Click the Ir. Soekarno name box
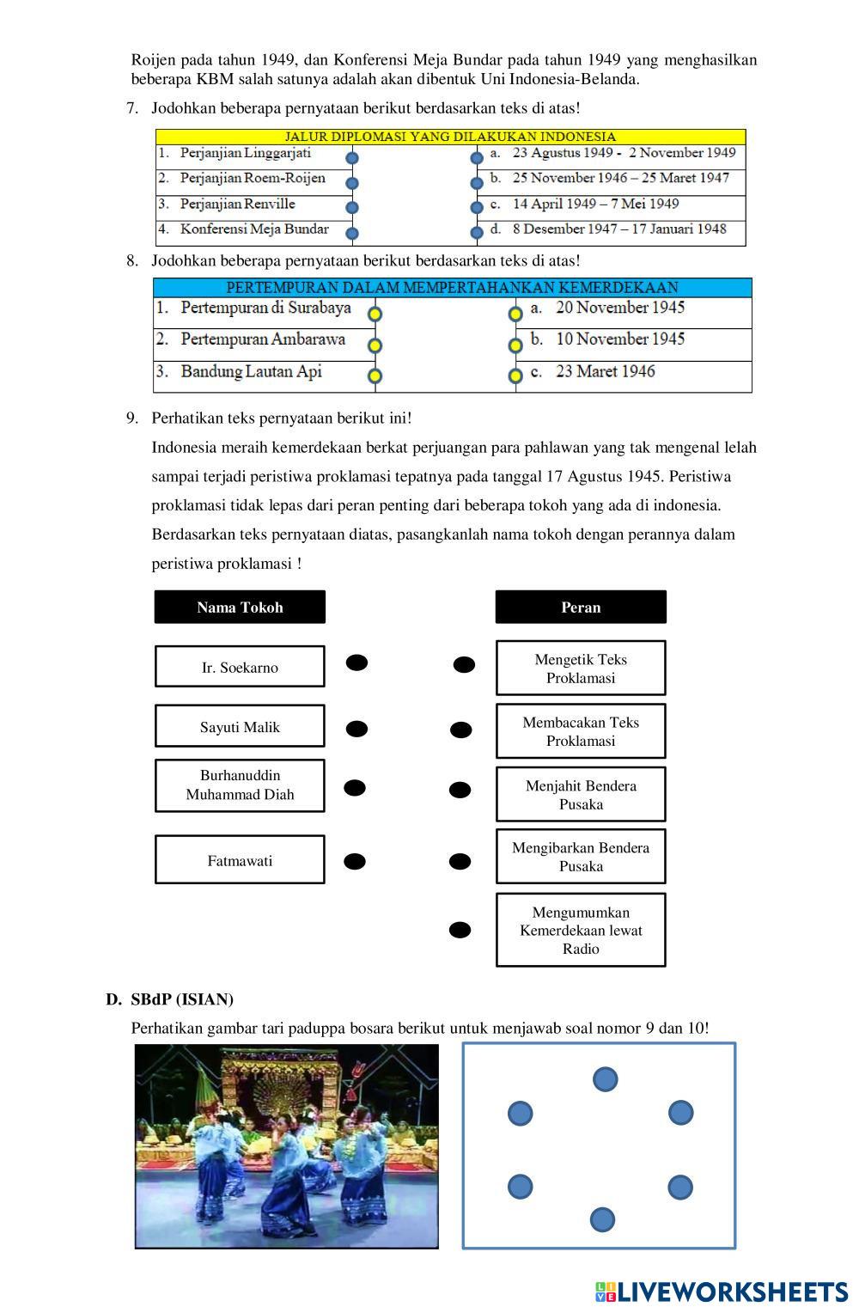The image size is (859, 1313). point(240,667)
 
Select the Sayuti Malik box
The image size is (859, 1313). point(240,726)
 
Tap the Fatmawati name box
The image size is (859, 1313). point(240,859)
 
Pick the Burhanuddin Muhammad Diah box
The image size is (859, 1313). point(240,785)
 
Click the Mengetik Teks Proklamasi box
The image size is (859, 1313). point(581,668)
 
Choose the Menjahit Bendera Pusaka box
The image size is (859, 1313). point(581,794)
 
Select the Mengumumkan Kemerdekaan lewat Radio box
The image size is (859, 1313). point(581,930)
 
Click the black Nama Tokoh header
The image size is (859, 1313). point(240,607)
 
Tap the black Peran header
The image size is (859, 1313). point(581,607)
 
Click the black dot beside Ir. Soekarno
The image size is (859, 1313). point(356,663)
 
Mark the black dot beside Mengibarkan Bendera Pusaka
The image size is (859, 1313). point(460,861)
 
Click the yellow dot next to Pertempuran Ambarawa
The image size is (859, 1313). point(375,345)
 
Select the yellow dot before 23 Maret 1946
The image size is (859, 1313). point(515,376)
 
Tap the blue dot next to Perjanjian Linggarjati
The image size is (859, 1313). point(352,158)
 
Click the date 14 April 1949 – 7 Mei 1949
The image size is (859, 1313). point(595,204)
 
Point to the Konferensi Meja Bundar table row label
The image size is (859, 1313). point(254,229)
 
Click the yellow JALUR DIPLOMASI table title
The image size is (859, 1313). point(450,137)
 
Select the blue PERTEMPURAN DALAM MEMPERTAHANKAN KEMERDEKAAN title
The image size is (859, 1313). point(452,287)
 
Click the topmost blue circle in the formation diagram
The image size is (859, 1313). point(605,1078)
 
